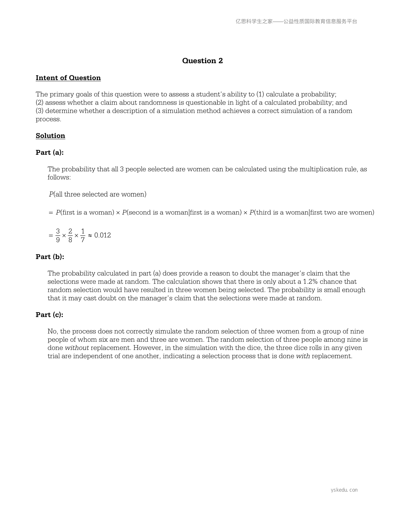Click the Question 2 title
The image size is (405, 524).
[x=202, y=61]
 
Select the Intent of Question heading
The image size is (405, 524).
[x=68, y=78]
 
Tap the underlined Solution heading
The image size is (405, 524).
[x=50, y=136]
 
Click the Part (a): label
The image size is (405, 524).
[x=50, y=153]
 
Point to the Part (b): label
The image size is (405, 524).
[x=50, y=257]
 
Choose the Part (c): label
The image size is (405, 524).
[x=50, y=315]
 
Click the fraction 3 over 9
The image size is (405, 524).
[x=58, y=235]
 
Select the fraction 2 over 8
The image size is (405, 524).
[x=70, y=235]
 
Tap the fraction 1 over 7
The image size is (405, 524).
[x=83, y=235]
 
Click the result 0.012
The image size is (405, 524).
[x=103, y=235]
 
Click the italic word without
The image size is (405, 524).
[x=77, y=348]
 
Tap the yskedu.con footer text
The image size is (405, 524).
[x=344, y=490]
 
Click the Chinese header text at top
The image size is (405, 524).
[x=296, y=22]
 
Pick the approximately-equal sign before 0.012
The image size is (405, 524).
[x=90, y=235]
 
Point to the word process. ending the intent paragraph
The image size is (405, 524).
[x=49, y=119]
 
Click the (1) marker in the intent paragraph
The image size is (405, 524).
[x=260, y=94]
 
